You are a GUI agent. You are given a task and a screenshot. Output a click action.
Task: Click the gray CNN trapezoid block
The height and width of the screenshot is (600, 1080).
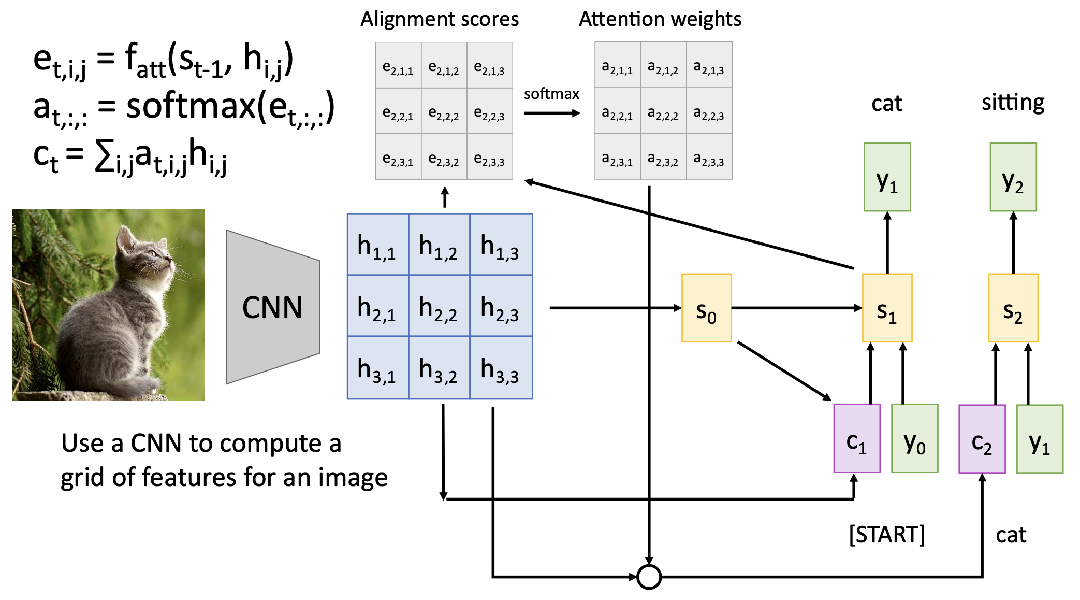[x=273, y=307]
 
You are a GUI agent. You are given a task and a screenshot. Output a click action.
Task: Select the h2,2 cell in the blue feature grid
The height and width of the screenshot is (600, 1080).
[x=439, y=306]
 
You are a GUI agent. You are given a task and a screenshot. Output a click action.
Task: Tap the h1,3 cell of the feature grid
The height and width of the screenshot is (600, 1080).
[x=501, y=244]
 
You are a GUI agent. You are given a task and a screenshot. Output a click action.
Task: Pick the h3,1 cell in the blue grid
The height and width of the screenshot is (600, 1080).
[x=377, y=368]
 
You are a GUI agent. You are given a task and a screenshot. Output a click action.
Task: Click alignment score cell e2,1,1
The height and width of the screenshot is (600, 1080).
[x=398, y=66]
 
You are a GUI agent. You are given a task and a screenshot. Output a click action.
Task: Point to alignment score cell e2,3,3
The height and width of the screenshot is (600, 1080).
[x=490, y=157]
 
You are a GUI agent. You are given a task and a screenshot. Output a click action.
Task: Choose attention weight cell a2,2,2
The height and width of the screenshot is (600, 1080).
[x=663, y=111]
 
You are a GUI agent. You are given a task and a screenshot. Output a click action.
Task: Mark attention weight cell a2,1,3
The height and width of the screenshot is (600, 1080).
[x=709, y=65]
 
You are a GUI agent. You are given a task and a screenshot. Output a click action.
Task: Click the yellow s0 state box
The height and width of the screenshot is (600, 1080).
[x=706, y=308]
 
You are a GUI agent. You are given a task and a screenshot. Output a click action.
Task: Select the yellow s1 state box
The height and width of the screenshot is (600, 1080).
[x=887, y=308]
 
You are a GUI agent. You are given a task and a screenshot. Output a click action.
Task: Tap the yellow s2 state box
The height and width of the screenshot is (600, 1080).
[x=1013, y=308]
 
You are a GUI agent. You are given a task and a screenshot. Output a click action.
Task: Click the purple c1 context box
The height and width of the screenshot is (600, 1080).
[x=857, y=438]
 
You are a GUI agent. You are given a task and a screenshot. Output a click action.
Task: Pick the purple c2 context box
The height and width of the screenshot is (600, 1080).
[x=982, y=439]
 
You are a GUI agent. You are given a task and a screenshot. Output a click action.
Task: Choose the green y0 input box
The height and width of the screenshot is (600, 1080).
[x=914, y=438]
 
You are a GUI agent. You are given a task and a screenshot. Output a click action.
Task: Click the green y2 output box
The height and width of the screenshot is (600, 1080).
[x=1013, y=177]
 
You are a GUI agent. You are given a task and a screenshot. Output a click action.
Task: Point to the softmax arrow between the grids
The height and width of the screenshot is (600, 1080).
[x=552, y=113]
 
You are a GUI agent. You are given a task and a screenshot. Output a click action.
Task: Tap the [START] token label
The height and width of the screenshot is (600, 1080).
[x=887, y=534]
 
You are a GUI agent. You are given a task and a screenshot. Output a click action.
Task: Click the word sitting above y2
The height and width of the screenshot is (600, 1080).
[x=1013, y=102]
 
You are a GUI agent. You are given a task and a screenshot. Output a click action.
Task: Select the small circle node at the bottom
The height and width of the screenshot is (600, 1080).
[x=649, y=577]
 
